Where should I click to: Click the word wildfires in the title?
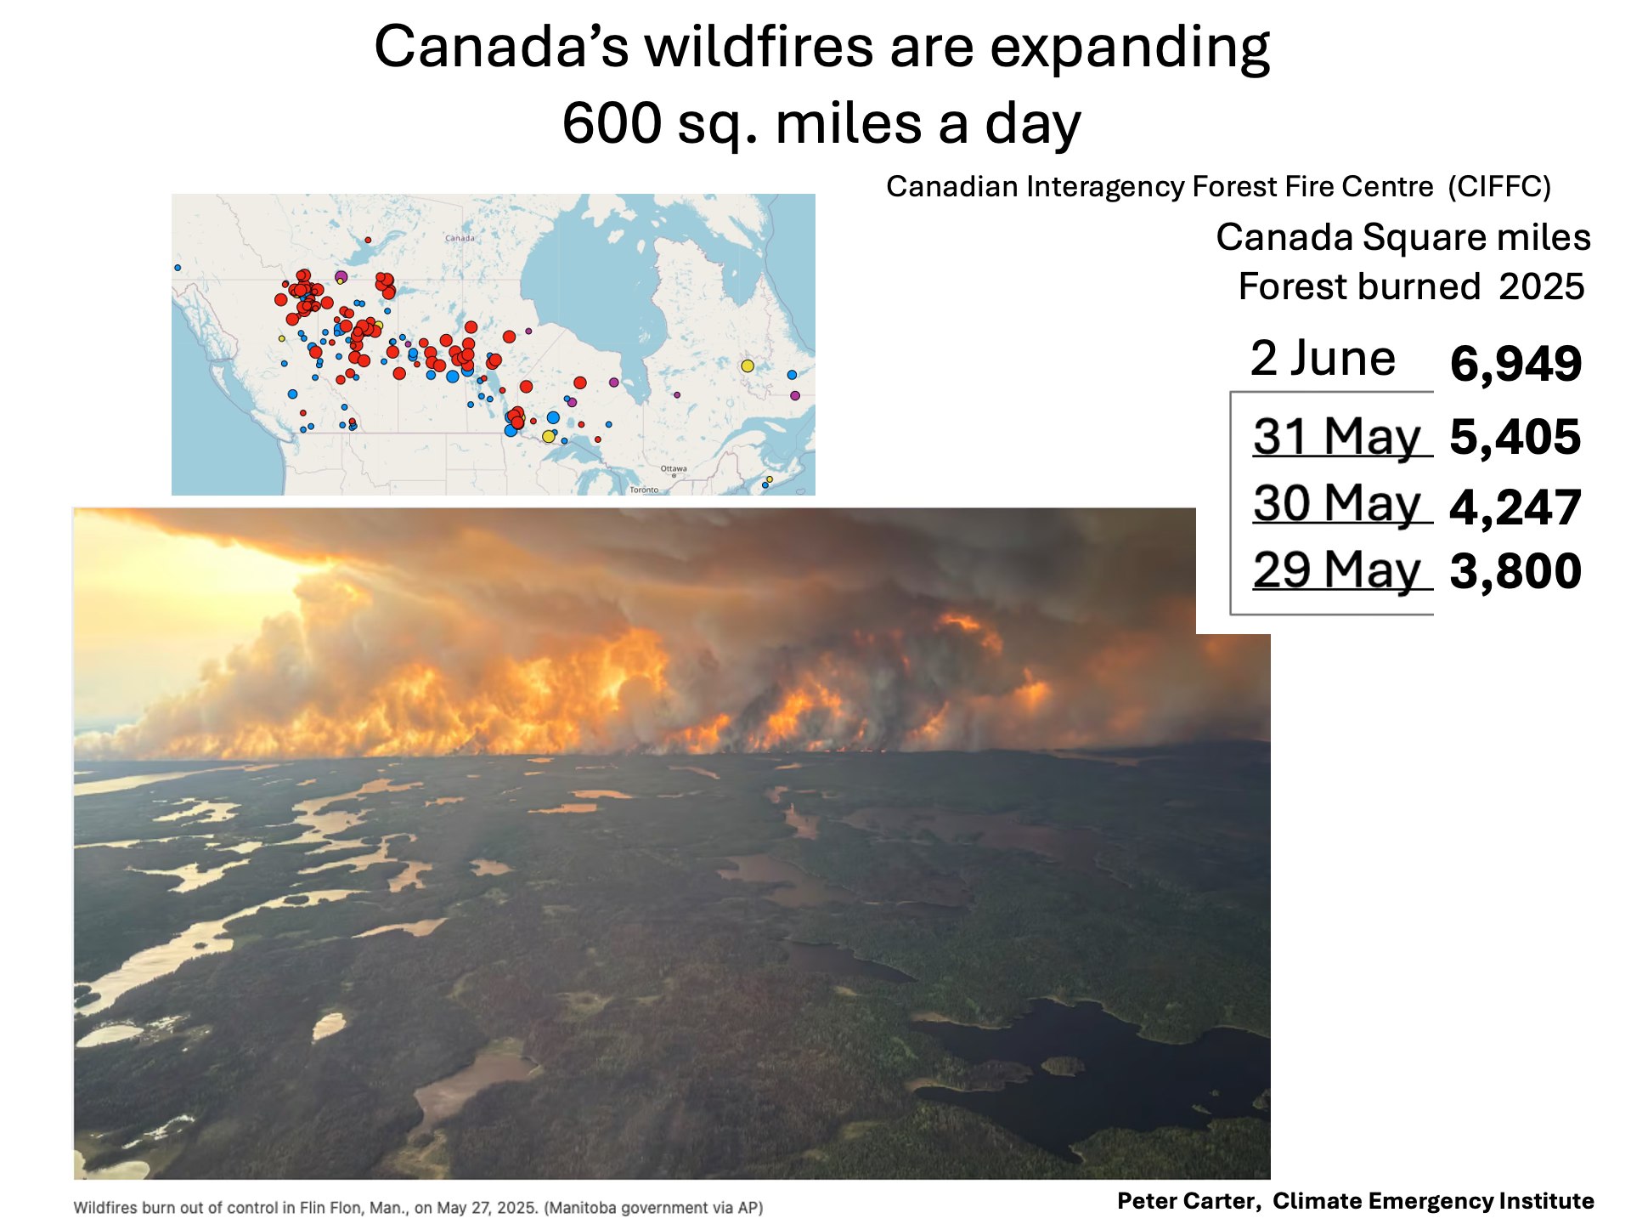click(x=759, y=47)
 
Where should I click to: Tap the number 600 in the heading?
click(x=612, y=123)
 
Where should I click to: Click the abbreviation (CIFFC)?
click(x=1499, y=186)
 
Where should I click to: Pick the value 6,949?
click(x=1515, y=364)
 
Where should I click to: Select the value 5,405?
click(x=1515, y=437)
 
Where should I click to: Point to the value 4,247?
click(x=1515, y=507)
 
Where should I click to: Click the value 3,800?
click(x=1515, y=570)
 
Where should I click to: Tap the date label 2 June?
click(x=1323, y=358)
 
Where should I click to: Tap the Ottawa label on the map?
click(x=674, y=468)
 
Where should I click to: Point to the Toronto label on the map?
click(x=644, y=490)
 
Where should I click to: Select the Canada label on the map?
click(x=460, y=238)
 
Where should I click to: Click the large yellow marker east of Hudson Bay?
click(x=748, y=365)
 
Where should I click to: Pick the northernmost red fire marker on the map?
click(x=368, y=241)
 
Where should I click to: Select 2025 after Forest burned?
click(x=1542, y=286)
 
